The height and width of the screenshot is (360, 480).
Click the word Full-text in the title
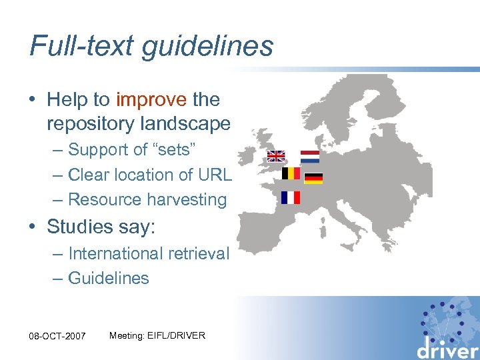pos(73,47)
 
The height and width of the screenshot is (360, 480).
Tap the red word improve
pos(151,100)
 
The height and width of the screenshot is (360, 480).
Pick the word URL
pos(215,175)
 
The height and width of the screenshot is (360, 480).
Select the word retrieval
pos(202,253)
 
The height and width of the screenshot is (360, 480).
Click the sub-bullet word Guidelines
pos(109,278)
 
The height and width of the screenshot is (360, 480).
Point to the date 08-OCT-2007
pos(58,336)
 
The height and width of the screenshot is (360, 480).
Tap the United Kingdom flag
pos(276,156)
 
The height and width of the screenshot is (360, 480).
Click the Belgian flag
pos(291,173)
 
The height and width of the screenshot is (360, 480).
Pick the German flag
pos(313,178)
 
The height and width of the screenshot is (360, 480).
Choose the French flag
pos(291,197)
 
